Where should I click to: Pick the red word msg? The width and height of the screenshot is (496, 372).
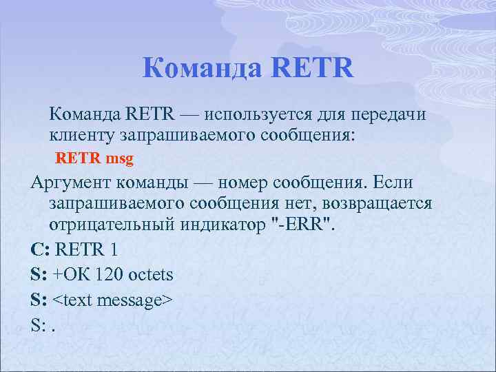(x=120, y=158)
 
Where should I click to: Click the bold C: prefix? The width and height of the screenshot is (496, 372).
(x=40, y=249)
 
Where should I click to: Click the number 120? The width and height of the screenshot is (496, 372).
(x=113, y=275)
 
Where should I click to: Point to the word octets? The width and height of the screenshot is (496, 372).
(x=152, y=275)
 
